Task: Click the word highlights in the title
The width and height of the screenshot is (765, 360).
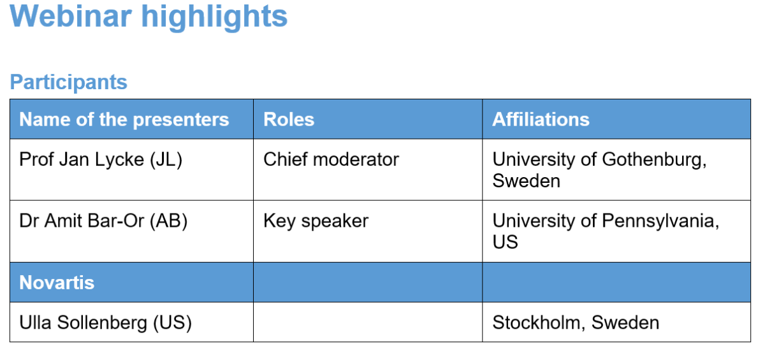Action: click(214, 18)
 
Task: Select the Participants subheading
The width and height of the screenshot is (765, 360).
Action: click(69, 83)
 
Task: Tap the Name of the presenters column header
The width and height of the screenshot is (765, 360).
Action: click(124, 119)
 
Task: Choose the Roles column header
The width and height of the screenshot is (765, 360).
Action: click(289, 119)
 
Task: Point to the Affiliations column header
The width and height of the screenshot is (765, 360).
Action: click(541, 119)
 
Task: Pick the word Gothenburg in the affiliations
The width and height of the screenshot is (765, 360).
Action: click(654, 160)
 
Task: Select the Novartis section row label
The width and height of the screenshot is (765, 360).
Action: click(57, 282)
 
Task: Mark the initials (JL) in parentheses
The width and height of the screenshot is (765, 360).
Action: click(166, 160)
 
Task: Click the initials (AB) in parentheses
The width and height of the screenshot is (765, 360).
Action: click(169, 221)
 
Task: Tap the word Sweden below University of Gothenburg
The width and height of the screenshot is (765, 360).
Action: click(526, 180)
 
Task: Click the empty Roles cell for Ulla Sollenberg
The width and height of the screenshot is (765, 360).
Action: click(368, 322)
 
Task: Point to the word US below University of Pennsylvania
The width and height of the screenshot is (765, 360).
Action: click(505, 241)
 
